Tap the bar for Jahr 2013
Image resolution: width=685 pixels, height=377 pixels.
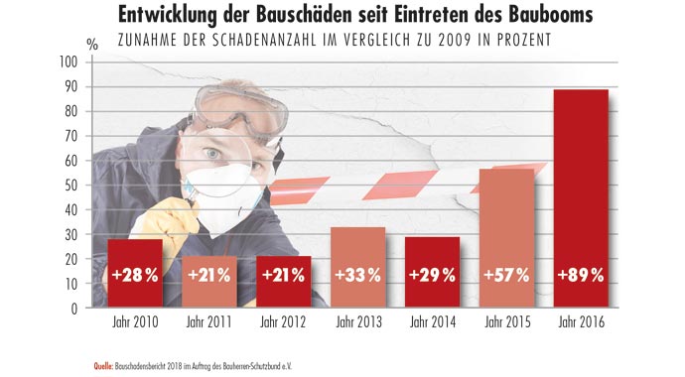[356, 267]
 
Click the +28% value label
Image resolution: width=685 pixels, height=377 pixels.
[133, 276]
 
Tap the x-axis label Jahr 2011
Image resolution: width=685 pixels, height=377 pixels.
[207, 322]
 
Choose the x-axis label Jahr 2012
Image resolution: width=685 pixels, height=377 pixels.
[282, 322]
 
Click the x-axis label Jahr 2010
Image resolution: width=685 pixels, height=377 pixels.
[133, 322]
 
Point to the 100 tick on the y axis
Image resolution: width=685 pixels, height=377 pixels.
[68, 62]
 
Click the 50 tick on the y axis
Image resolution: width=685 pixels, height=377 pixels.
[70, 185]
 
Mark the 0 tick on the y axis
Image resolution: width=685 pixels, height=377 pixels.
[73, 308]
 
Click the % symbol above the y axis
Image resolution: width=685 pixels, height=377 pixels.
[92, 44]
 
